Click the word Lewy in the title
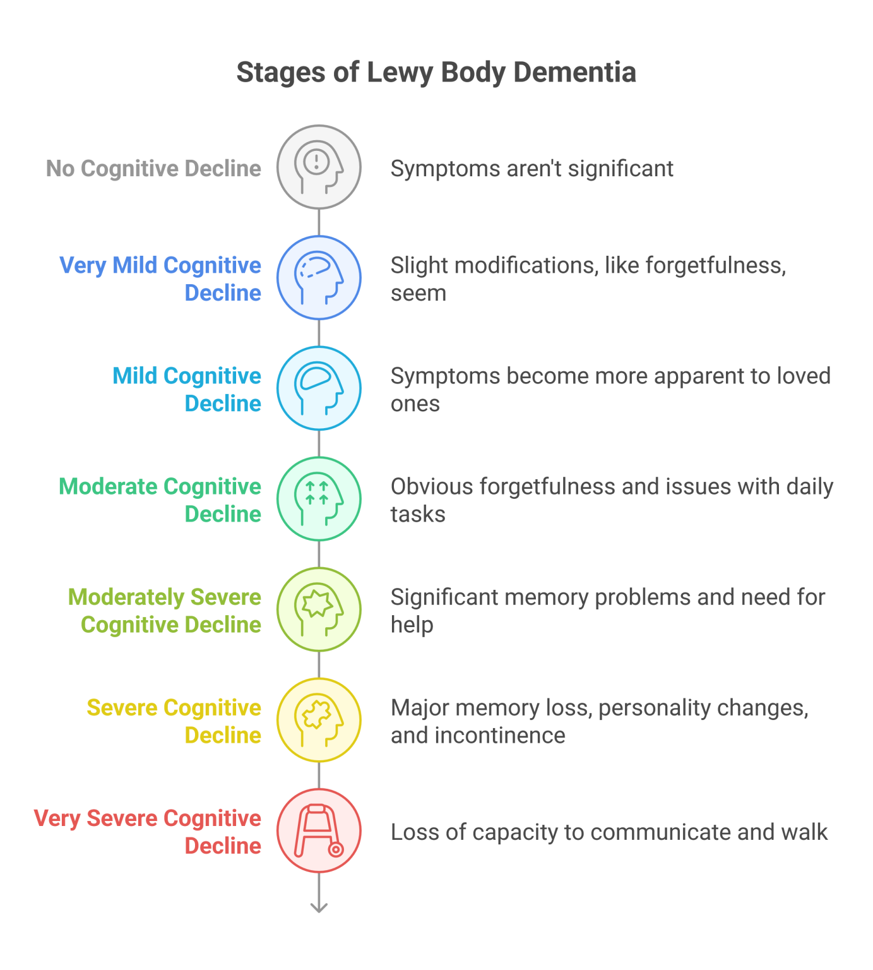click(400, 73)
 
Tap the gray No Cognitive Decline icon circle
click(319, 167)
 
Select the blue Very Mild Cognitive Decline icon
click(319, 278)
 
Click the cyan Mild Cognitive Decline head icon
click(319, 388)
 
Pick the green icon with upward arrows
click(319, 499)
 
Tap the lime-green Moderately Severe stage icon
click(319, 609)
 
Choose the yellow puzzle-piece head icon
click(319, 720)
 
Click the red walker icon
click(319, 830)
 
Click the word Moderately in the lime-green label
click(126, 597)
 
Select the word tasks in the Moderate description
click(418, 515)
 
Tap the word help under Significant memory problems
click(412, 625)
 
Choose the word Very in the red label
click(57, 818)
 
